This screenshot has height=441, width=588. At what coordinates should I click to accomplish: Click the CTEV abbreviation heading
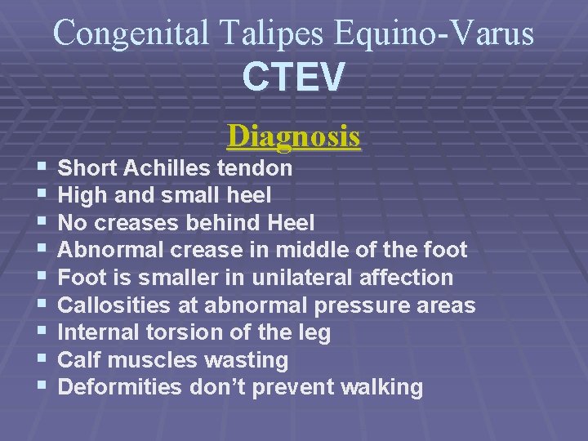tap(294, 78)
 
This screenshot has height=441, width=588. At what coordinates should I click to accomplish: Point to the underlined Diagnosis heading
tap(294, 136)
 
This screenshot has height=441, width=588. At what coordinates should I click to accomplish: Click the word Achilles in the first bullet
tap(168, 168)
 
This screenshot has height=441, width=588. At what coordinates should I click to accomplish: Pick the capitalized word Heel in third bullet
tap(291, 222)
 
